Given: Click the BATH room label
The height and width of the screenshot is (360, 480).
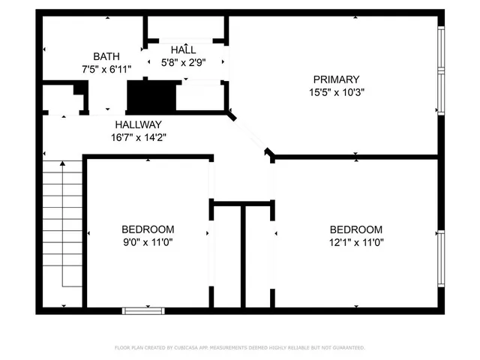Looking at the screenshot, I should point(106,57).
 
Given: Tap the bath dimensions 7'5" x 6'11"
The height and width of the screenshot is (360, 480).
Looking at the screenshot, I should point(106,70).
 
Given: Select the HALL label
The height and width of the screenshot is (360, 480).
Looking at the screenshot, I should point(184,49).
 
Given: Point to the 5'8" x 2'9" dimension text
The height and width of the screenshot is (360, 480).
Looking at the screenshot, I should point(184,63).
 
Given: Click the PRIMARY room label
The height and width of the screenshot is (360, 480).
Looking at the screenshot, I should point(337,79).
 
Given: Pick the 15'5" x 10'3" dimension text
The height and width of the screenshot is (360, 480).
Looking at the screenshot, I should point(337,93).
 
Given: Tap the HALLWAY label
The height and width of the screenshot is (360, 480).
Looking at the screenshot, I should point(138,124).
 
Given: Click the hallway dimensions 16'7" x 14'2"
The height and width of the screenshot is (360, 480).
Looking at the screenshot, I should point(138,137).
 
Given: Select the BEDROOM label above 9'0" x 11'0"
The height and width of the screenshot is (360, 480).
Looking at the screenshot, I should point(148,229).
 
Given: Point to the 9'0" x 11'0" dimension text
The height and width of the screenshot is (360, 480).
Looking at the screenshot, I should point(148,242).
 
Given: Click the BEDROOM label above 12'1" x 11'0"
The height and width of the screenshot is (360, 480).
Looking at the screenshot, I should point(356,229).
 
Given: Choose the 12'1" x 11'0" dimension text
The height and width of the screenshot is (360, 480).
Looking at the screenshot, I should point(356,242).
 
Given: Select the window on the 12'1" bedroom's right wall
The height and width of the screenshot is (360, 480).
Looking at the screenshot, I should point(441,256).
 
